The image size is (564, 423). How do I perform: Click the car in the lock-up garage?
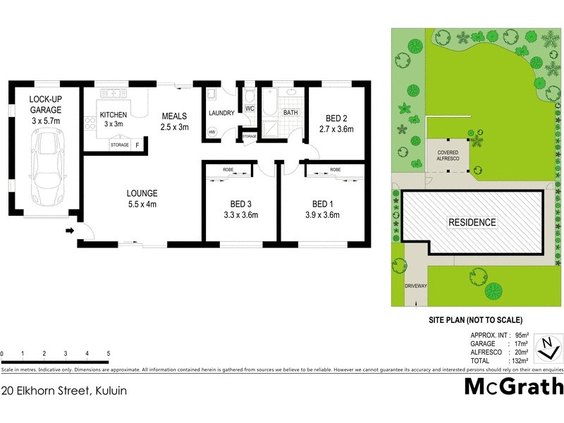tap(46, 169)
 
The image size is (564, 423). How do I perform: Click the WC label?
tap(250, 109)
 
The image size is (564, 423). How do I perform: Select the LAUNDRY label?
tap(221, 113)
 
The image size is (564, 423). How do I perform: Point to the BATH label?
tap(290, 113)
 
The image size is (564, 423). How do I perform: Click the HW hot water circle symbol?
tap(211, 132)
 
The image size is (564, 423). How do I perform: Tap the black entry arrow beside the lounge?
tap(70, 231)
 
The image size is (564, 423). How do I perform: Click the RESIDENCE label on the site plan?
tap(472, 223)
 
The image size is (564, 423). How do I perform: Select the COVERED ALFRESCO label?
tap(448, 155)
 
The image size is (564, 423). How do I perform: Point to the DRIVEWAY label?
tap(417, 286)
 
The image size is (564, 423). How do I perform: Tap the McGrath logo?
tap(513, 386)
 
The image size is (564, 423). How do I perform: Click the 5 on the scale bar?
tap(108, 353)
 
